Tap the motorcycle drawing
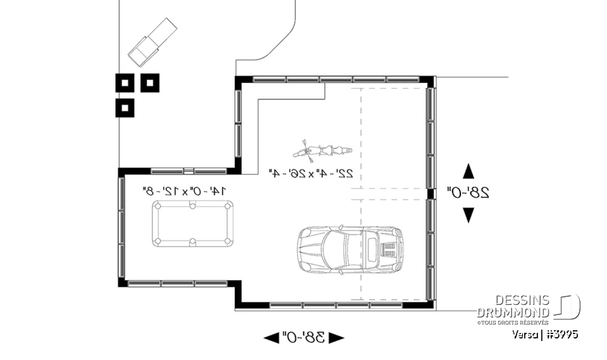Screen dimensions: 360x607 point(320,151)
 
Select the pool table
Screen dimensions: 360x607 point(193,223)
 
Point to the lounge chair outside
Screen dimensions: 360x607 point(152,42)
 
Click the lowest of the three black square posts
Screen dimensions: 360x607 point(125,108)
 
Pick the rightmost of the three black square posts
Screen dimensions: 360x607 point(150,83)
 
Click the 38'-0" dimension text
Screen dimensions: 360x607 point(303,337)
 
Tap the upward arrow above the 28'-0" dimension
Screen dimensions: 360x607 point(469,171)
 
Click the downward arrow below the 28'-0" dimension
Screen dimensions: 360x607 point(469,215)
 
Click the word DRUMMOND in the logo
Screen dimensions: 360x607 point(513,313)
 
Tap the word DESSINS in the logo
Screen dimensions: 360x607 point(522,301)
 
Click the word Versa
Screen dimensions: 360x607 point(526,334)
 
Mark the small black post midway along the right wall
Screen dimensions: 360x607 point(430,193)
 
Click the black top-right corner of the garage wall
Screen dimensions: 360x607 point(429,82)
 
